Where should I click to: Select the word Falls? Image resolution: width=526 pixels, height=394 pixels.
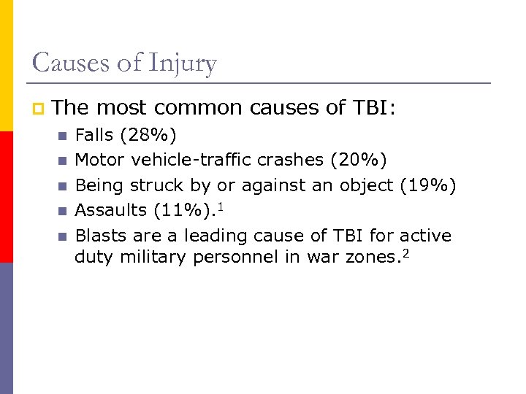pyautogui.click(x=95, y=135)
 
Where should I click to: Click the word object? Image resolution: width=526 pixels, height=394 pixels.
pyautogui.click(x=367, y=185)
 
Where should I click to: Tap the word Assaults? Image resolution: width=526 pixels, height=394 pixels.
pyautogui.click(x=111, y=211)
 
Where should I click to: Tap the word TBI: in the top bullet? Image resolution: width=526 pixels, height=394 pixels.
pyautogui.click(x=373, y=108)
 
